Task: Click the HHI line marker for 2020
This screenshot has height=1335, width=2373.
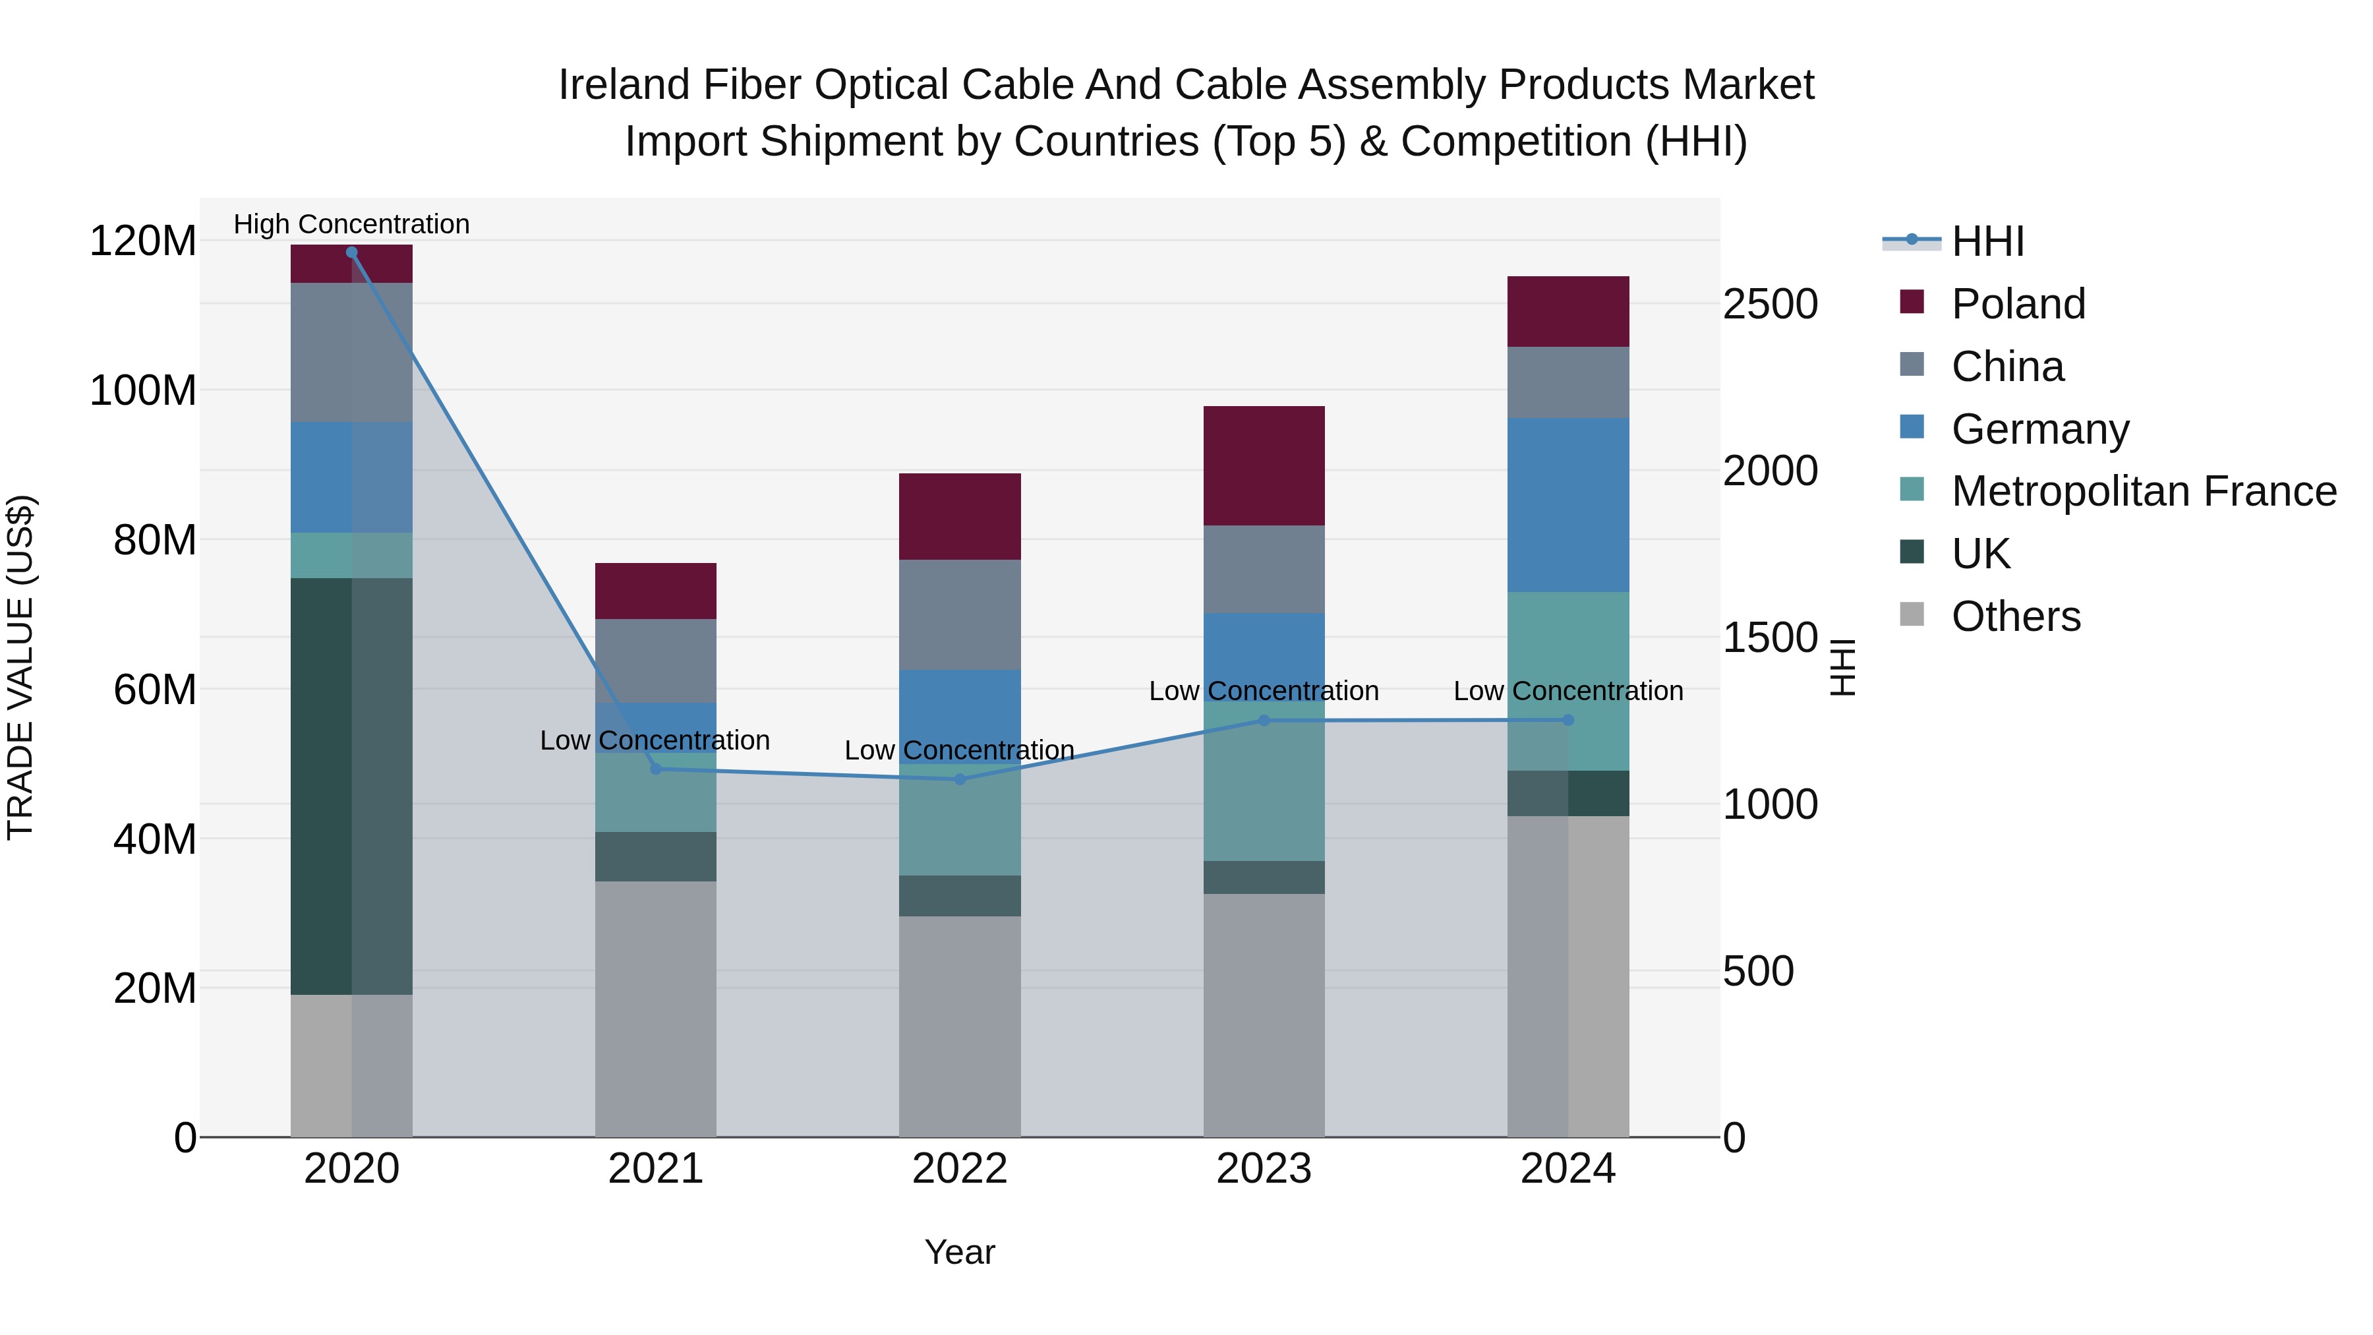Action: (x=351, y=252)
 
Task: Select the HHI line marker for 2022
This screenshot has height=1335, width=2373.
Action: (x=959, y=779)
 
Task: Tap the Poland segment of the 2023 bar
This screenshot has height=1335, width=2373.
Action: (x=1264, y=465)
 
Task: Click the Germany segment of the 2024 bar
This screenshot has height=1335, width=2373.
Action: (x=1568, y=505)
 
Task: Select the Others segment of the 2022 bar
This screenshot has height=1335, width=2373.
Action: (x=959, y=1025)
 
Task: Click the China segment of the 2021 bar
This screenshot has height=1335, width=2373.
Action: (x=655, y=661)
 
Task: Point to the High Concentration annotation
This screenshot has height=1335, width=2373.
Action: (x=351, y=224)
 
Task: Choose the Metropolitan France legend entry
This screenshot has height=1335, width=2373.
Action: (x=2143, y=491)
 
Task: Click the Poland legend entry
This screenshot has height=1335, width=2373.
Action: (x=2018, y=304)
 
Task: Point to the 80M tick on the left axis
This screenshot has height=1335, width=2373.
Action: (x=154, y=540)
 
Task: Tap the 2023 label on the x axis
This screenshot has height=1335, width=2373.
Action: (x=1264, y=1168)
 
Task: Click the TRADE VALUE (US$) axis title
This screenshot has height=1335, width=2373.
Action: (x=20, y=667)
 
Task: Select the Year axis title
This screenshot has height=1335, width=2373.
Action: (x=959, y=1252)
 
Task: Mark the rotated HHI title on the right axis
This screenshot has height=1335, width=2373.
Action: (x=1842, y=667)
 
